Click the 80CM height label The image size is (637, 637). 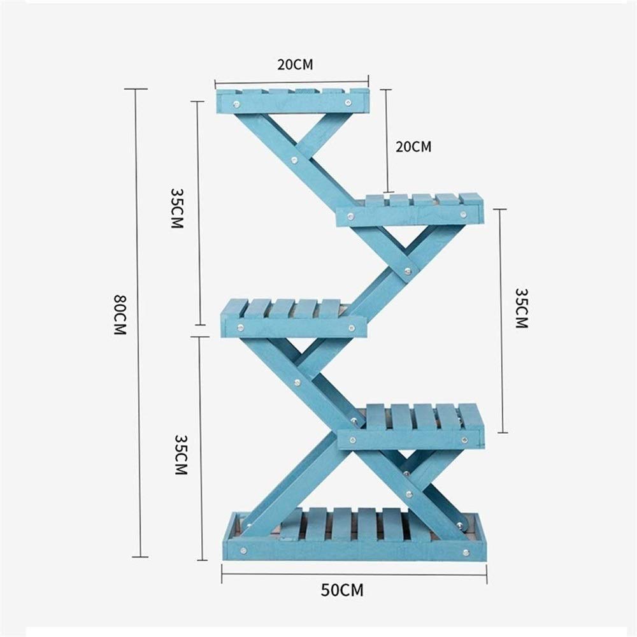(x=120, y=315)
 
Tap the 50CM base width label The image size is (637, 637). (x=342, y=590)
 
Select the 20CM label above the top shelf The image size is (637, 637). (x=296, y=64)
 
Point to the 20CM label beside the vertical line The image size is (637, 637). (x=413, y=147)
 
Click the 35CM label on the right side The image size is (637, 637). (x=521, y=308)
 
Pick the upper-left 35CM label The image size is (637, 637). (x=177, y=208)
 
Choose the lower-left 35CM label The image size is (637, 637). (x=181, y=455)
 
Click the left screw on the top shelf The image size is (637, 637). (x=236, y=105)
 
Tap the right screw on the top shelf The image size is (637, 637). (x=348, y=103)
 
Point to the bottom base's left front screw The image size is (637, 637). (x=243, y=551)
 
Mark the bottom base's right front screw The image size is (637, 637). (x=466, y=552)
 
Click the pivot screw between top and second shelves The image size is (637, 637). (x=294, y=160)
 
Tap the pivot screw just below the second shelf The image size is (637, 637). (x=408, y=270)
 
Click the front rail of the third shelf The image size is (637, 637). (x=294, y=327)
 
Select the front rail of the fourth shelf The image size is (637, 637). (x=410, y=440)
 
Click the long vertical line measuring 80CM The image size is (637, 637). (x=138, y=323)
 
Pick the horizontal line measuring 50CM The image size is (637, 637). (x=354, y=574)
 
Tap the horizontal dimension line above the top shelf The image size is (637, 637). (x=292, y=82)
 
